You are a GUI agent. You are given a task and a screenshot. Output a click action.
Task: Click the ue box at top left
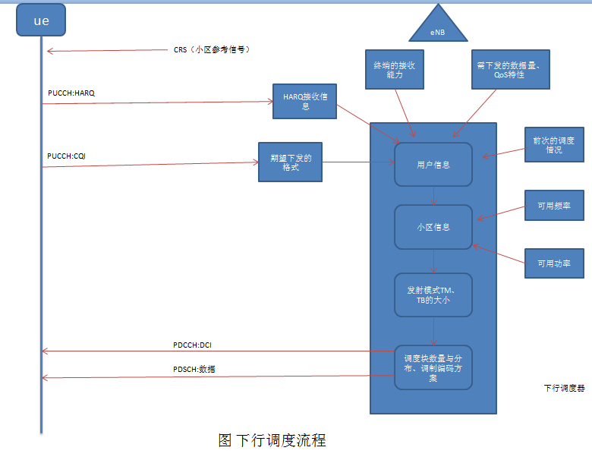41,20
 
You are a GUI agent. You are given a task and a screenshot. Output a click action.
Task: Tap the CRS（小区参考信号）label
212,50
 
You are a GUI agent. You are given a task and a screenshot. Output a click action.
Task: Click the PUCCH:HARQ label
71,93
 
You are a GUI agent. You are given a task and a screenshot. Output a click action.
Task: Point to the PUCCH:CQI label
69,156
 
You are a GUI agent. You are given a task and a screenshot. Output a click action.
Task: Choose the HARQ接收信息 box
304,102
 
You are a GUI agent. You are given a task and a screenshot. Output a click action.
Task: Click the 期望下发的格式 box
290,162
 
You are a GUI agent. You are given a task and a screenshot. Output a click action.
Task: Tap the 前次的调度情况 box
553,145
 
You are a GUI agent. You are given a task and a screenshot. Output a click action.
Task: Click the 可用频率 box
553,205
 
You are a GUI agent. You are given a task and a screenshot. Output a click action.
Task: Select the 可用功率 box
553,263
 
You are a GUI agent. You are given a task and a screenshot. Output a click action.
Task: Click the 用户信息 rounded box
433,164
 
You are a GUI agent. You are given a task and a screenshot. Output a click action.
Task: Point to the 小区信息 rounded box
433,226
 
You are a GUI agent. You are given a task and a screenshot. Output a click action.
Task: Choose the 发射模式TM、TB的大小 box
433,294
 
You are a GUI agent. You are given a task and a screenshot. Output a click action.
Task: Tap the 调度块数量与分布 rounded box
433,367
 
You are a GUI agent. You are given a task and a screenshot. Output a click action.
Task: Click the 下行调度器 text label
565,388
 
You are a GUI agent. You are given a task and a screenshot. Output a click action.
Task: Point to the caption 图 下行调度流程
272,440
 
